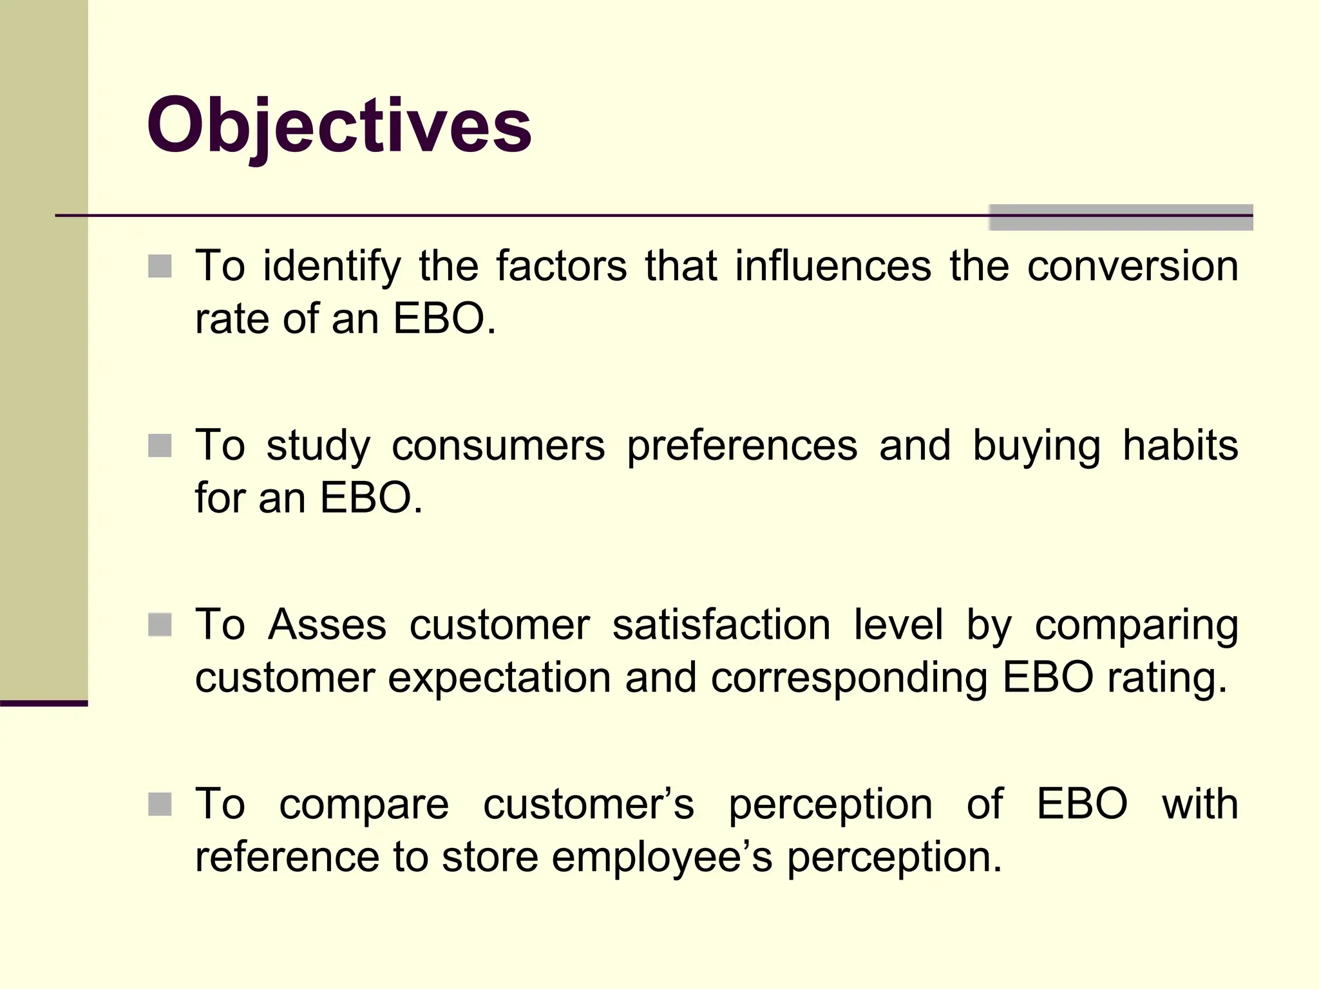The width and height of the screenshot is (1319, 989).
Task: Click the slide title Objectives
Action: [339, 126]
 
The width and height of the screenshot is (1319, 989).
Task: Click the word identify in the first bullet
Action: [332, 267]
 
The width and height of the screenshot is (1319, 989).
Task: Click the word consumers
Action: [498, 446]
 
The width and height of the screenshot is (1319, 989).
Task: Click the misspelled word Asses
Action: [327, 625]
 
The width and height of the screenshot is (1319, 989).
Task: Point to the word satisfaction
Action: [721, 625]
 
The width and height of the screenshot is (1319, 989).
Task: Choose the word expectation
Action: [499, 679]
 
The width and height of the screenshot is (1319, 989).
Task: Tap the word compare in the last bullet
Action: [364, 805]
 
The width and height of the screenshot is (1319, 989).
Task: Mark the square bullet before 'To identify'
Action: [160, 266]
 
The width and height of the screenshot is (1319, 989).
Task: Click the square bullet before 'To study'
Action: [160, 446]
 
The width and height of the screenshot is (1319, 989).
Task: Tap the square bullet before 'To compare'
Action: [160, 804]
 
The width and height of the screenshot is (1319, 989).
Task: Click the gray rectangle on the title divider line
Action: [1121, 218]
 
